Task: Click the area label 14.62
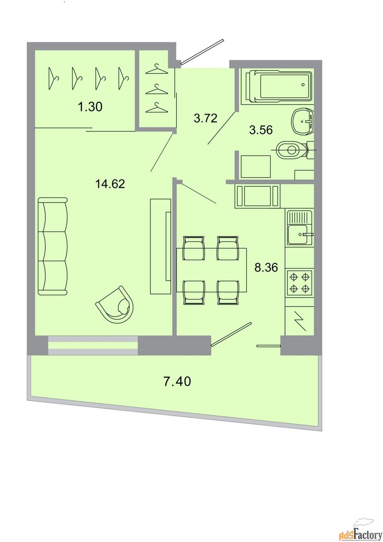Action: [110, 184]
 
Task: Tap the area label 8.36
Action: [266, 267]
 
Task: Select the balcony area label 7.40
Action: [177, 381]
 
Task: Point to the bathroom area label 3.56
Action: [261, 130]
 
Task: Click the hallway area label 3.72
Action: [205, 118]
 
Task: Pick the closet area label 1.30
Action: [90, 107]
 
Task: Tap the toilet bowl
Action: [294, 150]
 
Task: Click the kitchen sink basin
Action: [298, 234]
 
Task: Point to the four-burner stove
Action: [300, 282]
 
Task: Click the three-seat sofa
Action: [53, 246]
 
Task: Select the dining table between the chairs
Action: [211, 270]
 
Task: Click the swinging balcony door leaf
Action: [231, 334]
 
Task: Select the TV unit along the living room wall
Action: [161, 246]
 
